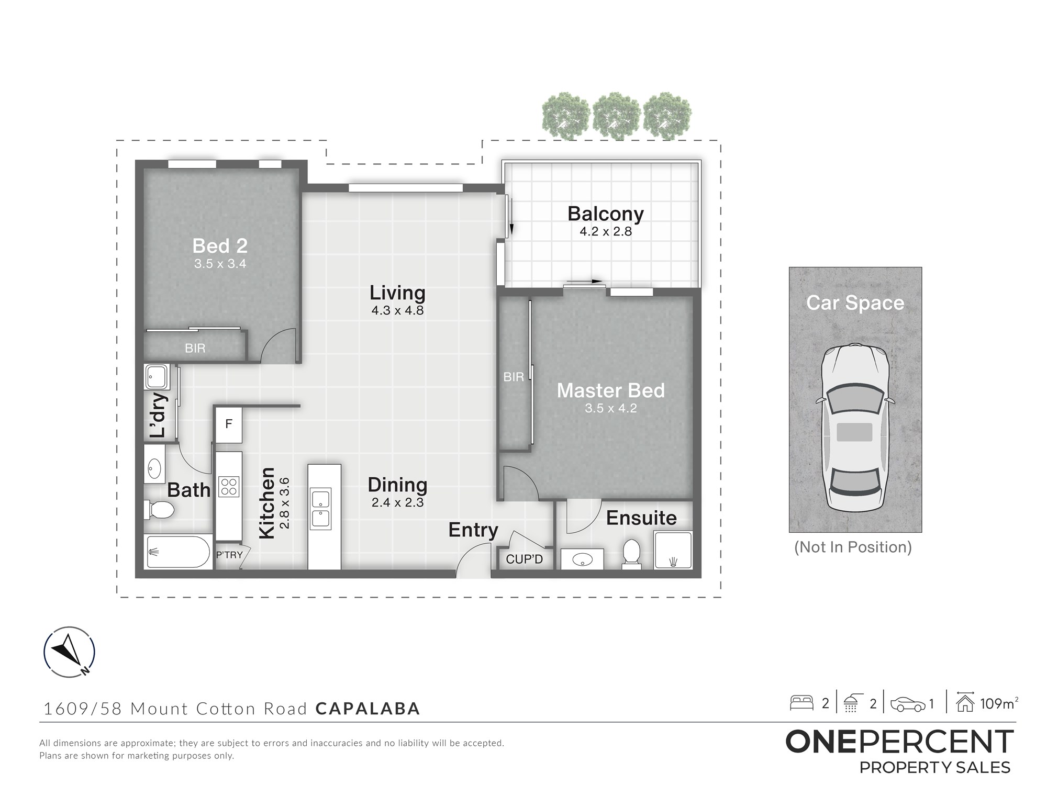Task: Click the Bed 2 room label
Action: point(220,245)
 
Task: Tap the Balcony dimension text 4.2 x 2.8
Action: point(606,231)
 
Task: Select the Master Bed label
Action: point(610,390)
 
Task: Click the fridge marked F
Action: point(229,424)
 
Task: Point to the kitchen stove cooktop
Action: point(229,486)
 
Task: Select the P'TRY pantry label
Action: point(229,555)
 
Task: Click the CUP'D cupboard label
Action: point(524,559)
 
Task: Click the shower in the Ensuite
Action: point(673,550)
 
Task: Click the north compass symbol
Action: point(69,652)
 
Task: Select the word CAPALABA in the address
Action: point(368,709)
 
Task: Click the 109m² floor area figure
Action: point(999,703)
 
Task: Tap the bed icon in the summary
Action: point(801,703)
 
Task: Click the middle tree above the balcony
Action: point(617,116)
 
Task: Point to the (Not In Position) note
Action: point(853,547)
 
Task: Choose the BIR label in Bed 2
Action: point(195,348)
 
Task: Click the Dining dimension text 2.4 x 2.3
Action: point(397,502)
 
